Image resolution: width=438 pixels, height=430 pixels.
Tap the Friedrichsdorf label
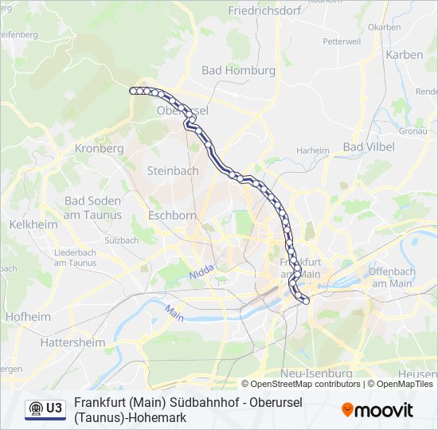[263, 11]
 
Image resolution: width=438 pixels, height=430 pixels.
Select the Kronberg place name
[99, 148]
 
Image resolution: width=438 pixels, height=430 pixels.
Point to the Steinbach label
[173, 170]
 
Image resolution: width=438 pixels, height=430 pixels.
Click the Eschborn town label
[173, 215]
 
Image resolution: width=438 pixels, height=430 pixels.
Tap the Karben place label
[405, 55]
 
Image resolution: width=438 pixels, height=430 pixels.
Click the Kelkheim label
[33, 225]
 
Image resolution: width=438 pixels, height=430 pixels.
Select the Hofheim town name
[28, 316]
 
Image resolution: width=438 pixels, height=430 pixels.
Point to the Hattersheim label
[72, 342]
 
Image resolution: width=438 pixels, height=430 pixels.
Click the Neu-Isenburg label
[317, 373]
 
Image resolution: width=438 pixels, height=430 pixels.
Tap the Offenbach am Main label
[391, 277]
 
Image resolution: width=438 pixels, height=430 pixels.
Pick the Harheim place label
[312, 150]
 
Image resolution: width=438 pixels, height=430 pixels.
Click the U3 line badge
[45, 408]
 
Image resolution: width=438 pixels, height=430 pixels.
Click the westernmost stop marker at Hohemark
[133, 91]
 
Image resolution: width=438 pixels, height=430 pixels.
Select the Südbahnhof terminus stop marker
[306, 300]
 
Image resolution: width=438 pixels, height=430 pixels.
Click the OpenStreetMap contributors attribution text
[301, 384]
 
